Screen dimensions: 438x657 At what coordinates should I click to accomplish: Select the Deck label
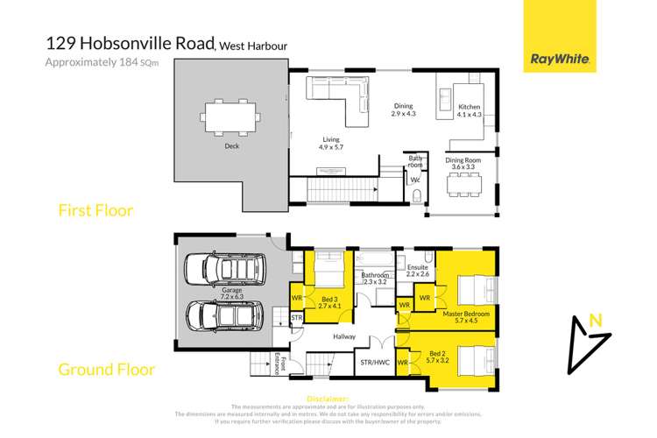click(231, 147)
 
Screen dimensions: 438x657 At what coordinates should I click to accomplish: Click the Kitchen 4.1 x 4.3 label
click(470, 110)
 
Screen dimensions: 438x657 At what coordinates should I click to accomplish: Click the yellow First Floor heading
click(96, 210)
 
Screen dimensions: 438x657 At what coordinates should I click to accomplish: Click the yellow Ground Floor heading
click(105, 369)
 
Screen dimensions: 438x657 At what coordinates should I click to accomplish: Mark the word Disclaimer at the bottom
click(328, 399)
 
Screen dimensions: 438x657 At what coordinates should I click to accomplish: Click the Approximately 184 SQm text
click(95, 61)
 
